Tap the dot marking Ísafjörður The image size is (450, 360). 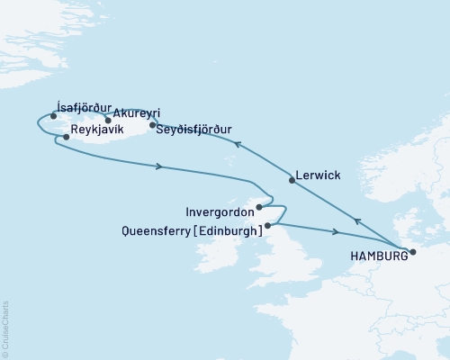click(x=54, y=116)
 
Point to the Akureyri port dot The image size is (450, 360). click(x=107, y=120)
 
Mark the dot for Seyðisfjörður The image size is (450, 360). click(x=152, y=125)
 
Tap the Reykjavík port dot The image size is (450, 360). click(x=66, y=137)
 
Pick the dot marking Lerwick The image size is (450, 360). click(x=292, y=180)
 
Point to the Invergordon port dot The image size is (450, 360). click(x=260, y=207)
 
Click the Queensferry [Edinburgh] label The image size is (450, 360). click(x=191, y=230)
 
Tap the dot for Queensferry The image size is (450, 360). click(x=267, y=225)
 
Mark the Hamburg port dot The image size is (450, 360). click(x=413, y=252)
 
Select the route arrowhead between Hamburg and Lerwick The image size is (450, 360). click(x=358, y=221)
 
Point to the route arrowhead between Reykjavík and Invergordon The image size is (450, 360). click(x=159, y=166)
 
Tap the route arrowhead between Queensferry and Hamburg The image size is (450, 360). click(x=336, y=233)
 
